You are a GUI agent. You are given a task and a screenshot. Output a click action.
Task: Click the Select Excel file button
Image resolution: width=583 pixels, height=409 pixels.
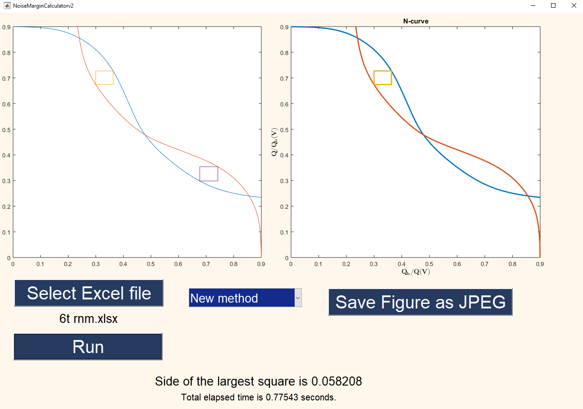[89, 293]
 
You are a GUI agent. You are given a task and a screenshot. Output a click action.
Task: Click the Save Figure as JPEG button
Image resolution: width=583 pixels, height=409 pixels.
[420, 302]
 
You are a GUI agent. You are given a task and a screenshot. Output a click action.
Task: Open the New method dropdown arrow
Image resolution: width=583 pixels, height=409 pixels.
[298, 298]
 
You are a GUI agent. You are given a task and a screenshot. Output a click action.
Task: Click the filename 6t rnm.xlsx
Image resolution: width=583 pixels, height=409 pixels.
[88, 319]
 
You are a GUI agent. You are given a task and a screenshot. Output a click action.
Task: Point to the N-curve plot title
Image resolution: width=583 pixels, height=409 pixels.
[415, 21]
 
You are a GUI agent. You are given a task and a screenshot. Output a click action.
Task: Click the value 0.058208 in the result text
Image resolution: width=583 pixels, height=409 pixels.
[337, 381]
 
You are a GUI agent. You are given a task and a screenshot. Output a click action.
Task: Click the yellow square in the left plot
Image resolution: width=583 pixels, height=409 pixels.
[104, 78]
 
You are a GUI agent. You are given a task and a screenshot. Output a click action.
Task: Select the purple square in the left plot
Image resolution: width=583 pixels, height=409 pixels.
[209, 174]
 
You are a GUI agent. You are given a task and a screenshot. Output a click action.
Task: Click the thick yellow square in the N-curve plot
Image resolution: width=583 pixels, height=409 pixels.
[383, 78]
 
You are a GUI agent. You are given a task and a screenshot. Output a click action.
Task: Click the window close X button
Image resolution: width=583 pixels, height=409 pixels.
[574, 5]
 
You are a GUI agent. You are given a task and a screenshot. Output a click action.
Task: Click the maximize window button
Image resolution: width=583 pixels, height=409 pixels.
[553, 5]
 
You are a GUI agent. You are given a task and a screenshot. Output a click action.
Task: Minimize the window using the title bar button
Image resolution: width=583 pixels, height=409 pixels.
[533, 5]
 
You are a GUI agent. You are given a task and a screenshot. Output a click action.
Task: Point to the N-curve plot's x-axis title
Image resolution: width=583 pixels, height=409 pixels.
[415, 272]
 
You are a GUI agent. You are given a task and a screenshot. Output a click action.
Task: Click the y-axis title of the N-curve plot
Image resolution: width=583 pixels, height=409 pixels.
[274, 142]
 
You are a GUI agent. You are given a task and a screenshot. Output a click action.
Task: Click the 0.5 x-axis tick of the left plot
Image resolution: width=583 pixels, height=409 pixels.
[151, 264]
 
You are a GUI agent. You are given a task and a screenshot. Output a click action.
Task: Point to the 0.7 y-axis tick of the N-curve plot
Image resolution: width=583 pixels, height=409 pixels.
[284, 78]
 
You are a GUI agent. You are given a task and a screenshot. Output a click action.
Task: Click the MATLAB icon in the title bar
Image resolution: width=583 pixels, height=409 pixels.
[7, 5]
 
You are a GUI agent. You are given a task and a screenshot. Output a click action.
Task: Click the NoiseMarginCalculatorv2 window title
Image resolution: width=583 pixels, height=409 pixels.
[43, 5]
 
